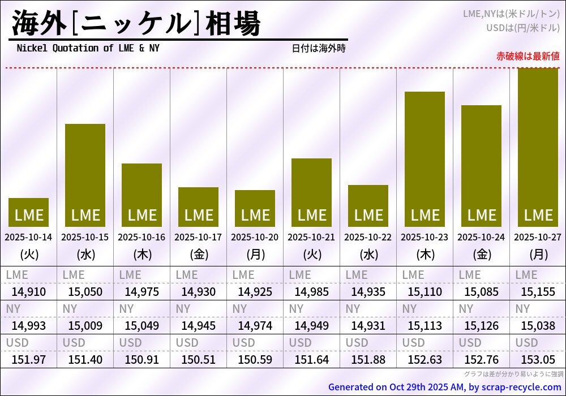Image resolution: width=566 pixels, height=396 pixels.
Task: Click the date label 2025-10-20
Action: tap(255, 237)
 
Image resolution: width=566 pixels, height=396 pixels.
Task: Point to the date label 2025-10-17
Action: tap(198, 237)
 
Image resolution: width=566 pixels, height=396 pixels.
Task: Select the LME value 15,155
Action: tap(538, 292)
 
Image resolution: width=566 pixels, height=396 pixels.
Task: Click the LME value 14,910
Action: tap(28, 292)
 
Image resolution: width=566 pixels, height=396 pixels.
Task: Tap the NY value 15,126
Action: tap(481, 326)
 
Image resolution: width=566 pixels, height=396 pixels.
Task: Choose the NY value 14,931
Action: tap(368, 326)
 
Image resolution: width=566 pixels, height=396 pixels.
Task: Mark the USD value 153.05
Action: tap(538, 360)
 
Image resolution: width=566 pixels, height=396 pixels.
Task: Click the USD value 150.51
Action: tap(198, 360)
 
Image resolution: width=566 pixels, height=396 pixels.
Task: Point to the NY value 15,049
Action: tap(141, 326)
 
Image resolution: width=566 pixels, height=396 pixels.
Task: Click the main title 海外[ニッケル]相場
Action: tap(136, 24)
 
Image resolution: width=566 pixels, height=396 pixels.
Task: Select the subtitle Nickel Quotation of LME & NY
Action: tap(88, 48)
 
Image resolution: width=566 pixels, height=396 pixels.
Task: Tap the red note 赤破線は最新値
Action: tap(528, 56)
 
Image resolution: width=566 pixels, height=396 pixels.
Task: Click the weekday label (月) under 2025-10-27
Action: tap(538, 255)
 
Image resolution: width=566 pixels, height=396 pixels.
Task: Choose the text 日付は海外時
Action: tap(318, 49)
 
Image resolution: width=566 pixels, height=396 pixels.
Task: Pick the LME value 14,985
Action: tap(311, 292)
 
